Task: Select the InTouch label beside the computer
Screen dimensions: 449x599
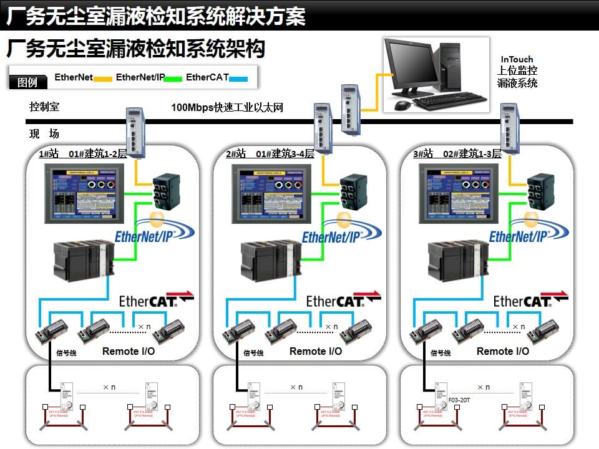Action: click(517, 60)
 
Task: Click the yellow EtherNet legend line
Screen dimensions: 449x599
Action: click(103, 79)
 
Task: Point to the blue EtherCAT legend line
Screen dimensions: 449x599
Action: click(238, 79)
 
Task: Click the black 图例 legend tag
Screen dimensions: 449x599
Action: click(27, 82)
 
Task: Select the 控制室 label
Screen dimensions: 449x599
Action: click(44, 107)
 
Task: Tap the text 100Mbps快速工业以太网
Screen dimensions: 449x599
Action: click(227, 107)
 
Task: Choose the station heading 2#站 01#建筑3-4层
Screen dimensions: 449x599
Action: click(270, 154)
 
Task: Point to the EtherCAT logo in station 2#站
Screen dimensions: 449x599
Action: click(343, 300)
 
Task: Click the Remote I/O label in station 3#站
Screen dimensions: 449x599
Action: click(503, 352)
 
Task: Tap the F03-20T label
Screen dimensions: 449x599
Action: click(459, 399)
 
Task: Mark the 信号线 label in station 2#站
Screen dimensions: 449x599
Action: click(253, 354)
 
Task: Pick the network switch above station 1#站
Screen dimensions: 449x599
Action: click(135, 133)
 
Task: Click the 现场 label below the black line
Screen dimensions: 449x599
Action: click(44, 134)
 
